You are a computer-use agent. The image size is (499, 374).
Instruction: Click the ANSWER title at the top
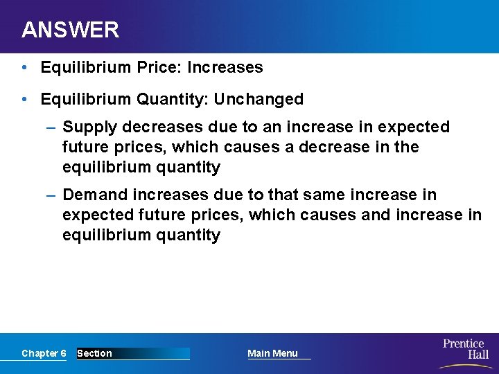pos(70,30)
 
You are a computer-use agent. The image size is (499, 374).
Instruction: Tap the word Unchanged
pos(259,99)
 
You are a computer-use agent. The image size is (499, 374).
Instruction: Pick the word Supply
pos(85,127)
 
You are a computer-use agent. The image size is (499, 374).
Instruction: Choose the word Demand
pos(89,195)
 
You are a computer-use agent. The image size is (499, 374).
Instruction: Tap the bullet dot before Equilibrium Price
pos(24,67)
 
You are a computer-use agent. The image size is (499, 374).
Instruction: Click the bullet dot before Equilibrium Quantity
pos(24,99)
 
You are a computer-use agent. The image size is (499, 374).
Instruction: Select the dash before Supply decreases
pos(51,127)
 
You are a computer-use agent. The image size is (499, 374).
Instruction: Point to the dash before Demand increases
pos(51,195)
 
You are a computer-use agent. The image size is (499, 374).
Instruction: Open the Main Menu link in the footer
pos(272,353)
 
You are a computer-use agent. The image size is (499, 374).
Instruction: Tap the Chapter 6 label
pos(44,353)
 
